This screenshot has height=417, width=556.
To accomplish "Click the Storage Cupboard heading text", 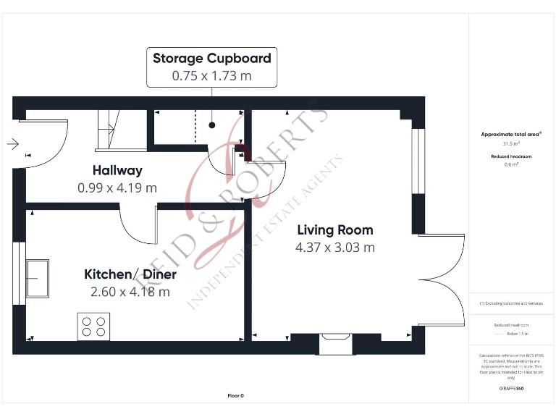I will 211,59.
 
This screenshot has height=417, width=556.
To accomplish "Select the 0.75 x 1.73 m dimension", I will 211,75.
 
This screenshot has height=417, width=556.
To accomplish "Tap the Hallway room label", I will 117,171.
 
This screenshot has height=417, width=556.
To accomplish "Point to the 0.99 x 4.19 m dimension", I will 117,188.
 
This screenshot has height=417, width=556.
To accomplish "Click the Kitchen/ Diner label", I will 130,274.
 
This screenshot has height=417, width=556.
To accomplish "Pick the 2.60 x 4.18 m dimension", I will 130,292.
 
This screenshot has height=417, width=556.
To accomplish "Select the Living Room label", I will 335,230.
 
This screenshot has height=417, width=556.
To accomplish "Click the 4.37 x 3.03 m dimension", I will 335,248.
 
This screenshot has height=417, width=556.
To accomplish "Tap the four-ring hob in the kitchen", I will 94,326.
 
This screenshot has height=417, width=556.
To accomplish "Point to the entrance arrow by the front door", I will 12,144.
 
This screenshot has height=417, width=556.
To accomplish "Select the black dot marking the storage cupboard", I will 212,125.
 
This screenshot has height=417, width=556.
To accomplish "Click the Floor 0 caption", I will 235,396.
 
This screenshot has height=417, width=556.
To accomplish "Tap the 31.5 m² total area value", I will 512,143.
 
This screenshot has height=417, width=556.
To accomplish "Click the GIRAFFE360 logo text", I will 511,389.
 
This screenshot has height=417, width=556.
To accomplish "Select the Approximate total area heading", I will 511,134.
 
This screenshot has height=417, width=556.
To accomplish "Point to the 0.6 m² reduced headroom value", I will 512,164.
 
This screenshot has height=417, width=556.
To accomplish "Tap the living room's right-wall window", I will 416,161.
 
